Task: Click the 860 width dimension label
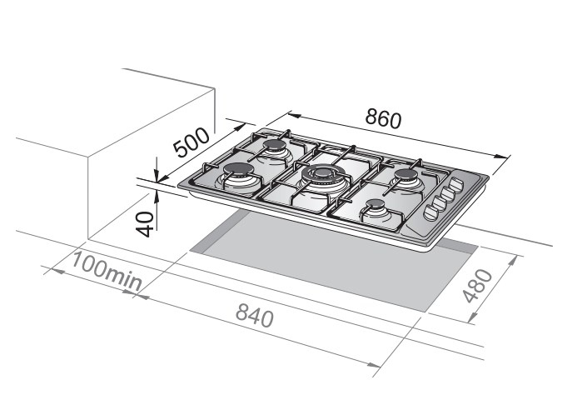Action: coord(383,118)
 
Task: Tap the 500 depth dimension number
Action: coord(192,142)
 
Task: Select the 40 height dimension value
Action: coord(145,224)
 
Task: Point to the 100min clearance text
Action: coord(107,271)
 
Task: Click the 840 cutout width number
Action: coord(255,316)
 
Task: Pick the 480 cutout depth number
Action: coord(477,286)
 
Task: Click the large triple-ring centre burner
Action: coord(323,177)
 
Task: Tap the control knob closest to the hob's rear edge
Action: coord(458,184)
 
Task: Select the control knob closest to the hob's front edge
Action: coord(430,212)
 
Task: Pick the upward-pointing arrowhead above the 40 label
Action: coord(157,197)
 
